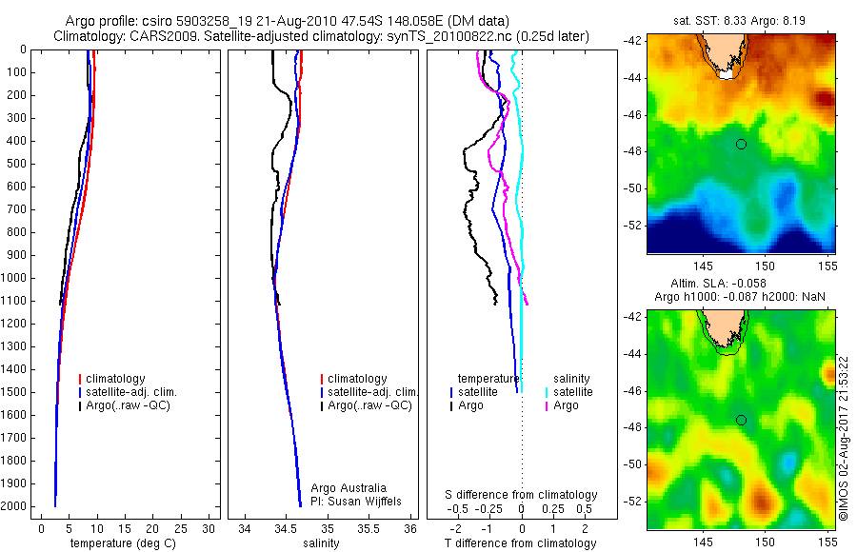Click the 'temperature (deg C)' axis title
pos(119,543)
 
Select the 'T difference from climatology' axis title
pos(520,543)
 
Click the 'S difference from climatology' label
pos(522,495)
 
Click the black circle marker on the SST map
pos(741,144)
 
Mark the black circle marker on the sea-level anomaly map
pos(741,420)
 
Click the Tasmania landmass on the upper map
pos(729,53)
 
